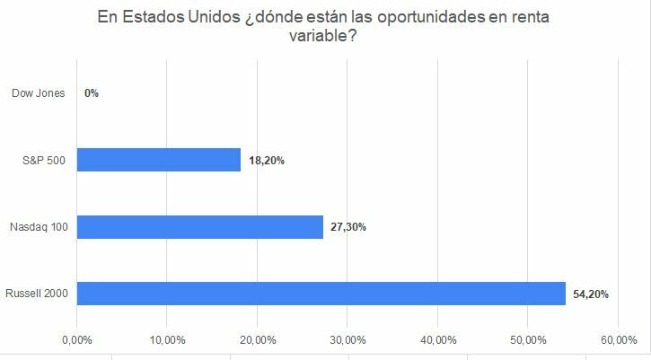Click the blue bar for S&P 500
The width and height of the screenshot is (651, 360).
point(159,160)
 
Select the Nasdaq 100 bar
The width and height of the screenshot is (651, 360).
point(200,227)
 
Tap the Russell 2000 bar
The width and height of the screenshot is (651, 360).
point(321,294)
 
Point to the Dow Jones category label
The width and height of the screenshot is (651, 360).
point(38,93)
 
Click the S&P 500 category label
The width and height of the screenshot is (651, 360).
point(43,161)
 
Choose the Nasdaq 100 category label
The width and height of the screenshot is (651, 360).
point(38,227)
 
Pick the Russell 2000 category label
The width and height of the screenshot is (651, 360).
point(36,294)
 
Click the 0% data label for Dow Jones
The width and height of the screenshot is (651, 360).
point(91,93)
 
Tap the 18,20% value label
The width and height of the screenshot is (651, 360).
point(267,161)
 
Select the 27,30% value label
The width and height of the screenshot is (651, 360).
point(348,227)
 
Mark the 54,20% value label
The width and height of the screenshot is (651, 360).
point(591,294)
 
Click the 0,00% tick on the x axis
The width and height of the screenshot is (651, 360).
point(77,340)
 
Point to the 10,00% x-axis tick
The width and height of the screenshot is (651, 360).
point(168,340)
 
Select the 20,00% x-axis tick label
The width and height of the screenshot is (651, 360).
point(258,340)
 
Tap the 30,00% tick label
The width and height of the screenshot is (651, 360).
point(347,340)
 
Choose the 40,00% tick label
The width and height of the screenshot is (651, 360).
point(437,340)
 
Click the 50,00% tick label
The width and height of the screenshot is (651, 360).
point(528,340)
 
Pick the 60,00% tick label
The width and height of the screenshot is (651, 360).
point(619,340)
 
